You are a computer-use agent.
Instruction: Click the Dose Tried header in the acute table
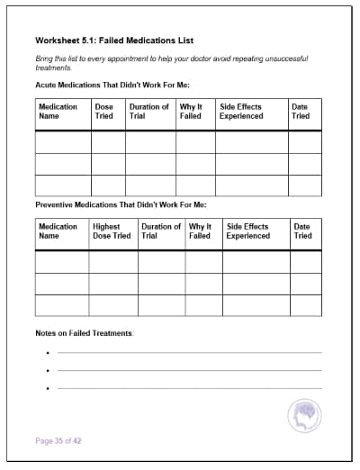coord(104,111)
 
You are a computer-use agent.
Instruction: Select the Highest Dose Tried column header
coord(112,231)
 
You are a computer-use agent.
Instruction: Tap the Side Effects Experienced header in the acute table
coord(241,111)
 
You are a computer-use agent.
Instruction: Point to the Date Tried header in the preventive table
coord(302,231)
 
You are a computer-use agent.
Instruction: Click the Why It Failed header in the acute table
coord(191,111)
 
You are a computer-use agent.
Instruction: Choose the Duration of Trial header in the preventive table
coord(161,231)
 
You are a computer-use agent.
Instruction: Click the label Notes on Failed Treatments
coord(84,333)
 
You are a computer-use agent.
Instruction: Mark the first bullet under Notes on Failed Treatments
coord(46,354)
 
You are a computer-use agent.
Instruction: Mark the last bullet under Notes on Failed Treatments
coord(46,389)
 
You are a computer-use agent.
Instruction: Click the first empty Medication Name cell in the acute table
coord(62,142)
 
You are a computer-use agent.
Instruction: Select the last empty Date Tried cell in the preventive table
coord(305,305)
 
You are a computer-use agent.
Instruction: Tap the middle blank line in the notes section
coord(189,370)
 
